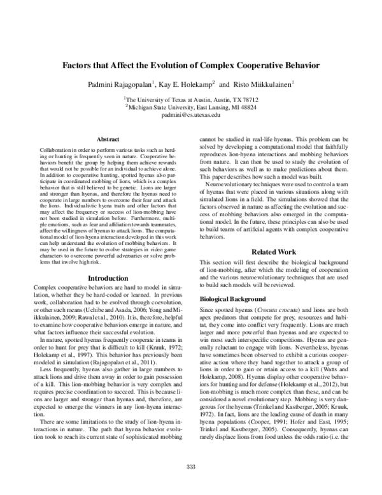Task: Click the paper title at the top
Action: pos(191,65)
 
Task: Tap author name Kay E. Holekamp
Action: pos(187,84)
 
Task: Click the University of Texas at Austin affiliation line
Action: pos(191,100)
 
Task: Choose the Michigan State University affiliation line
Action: pos(191,108)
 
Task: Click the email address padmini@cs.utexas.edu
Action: pos(191,116)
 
